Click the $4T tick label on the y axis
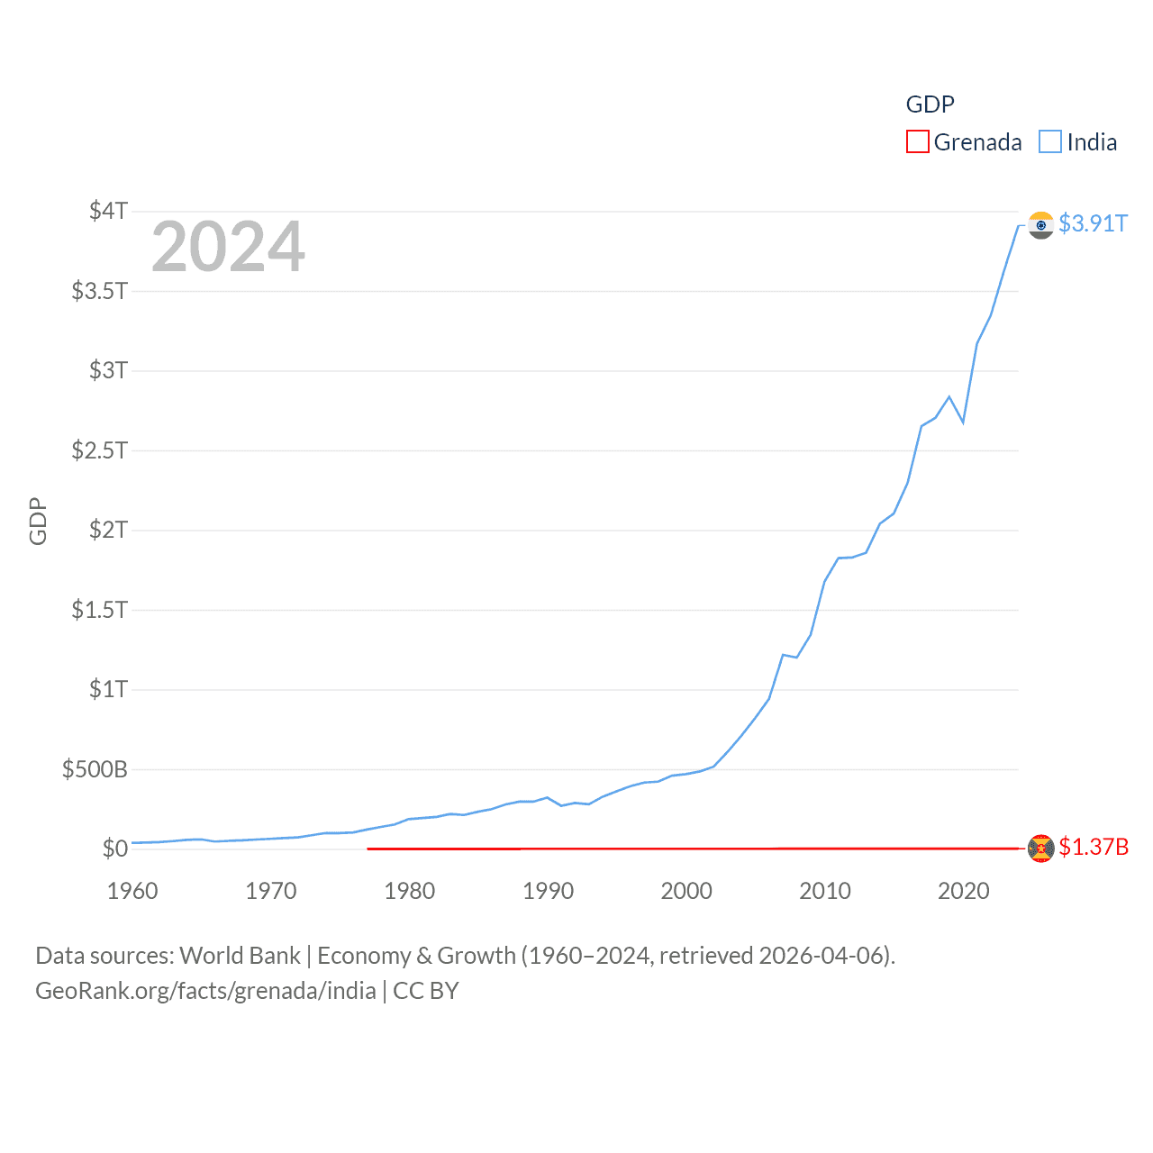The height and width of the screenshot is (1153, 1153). [108, 211]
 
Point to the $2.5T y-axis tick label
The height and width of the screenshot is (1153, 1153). [99, 449]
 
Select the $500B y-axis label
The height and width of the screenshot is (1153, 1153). [95, 769]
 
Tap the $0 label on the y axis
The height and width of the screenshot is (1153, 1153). [114, 849]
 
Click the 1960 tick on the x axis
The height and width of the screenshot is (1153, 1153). [132, 891]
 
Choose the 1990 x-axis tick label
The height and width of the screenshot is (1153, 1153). [548, 891]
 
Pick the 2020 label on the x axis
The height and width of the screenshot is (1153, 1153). [963, 891]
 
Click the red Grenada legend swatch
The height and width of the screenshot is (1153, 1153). [917, 142]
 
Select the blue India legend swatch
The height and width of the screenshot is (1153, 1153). [1050, 142]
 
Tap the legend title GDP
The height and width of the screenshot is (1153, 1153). [930, 104]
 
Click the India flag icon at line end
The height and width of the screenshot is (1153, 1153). [1040, 225]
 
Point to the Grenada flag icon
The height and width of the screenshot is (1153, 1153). [1040, 849]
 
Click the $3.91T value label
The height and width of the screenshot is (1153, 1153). [1093, 223]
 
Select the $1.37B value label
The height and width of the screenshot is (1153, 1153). [1094, 847]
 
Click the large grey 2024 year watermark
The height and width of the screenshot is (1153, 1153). [228, 247]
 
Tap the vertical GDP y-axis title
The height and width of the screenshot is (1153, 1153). [38, 521]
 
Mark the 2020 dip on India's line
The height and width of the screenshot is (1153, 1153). [963, 422]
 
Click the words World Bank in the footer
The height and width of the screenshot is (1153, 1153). [240, 956]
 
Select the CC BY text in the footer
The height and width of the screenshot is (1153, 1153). [426, 991]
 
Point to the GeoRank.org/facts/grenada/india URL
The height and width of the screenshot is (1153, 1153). [205, 991]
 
